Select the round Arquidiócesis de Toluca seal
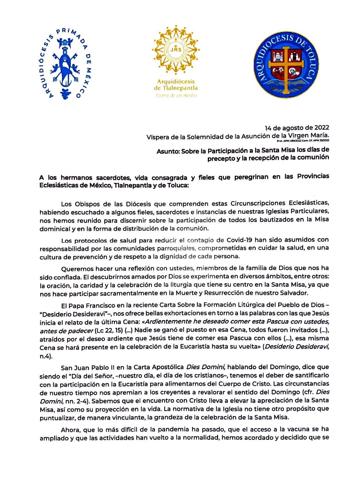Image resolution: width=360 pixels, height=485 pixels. (286, 65)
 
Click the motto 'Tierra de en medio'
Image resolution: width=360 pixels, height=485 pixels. (176, 96)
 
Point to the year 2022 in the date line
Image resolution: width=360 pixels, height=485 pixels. (322, 128)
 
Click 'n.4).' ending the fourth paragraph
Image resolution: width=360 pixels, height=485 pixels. (46, 356)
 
